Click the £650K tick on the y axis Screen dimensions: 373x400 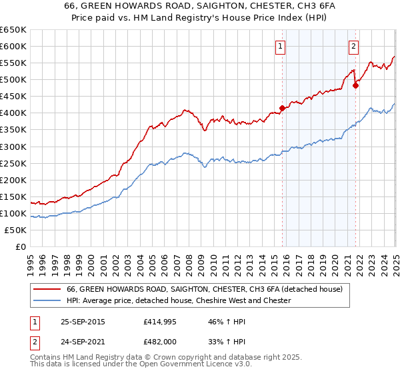tap(13, 30)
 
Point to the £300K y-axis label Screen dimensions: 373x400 tap(13, 147)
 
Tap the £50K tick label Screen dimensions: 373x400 tap(16, 230)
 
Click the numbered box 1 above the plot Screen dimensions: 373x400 tap(280, 47)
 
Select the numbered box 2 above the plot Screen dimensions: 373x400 tap(353, 47)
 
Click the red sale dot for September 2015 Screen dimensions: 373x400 tap(283, 107)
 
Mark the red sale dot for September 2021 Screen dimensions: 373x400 tap(355, 85)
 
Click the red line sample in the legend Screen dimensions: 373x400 tap(47, 289)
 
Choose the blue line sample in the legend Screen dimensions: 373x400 tap(47, 300)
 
